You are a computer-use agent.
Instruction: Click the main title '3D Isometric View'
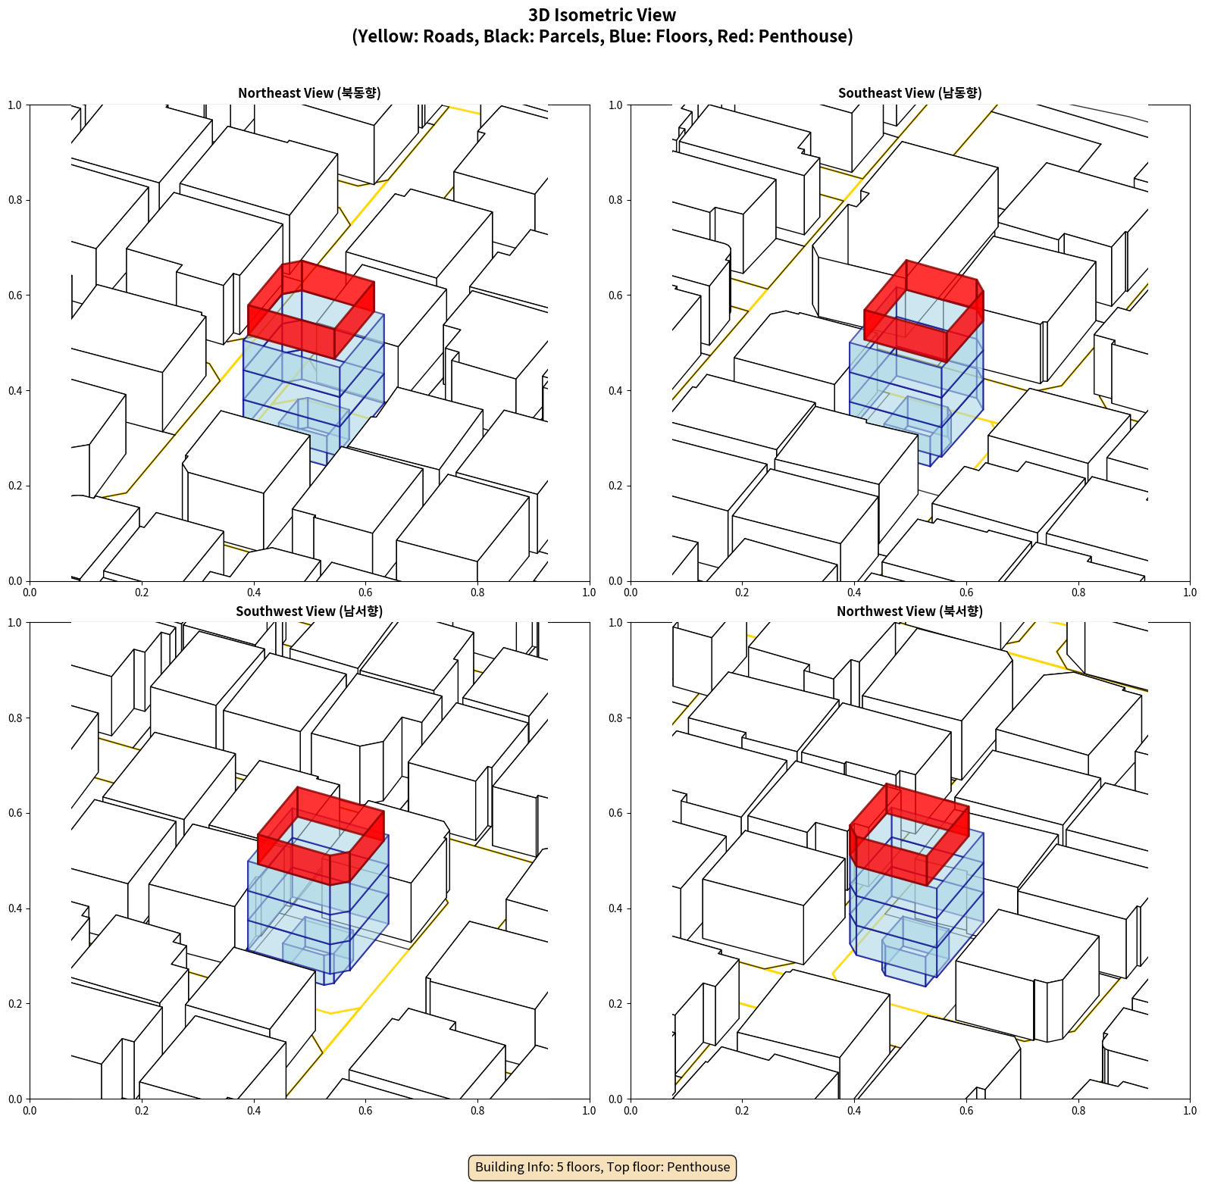[602, 15]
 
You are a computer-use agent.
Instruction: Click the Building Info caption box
[602, 1167]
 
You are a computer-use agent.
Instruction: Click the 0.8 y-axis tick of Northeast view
[15, 200]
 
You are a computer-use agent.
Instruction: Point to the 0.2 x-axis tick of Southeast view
[742, 593]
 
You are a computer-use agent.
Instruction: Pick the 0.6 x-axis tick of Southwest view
[365, 1111]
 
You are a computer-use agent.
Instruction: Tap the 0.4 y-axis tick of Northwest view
[615, 908]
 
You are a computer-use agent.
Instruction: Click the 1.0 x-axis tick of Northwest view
[1190, 1111]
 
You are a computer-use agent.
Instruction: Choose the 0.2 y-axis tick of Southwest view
[15, 1004]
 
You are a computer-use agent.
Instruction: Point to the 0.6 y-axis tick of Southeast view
[615, 295]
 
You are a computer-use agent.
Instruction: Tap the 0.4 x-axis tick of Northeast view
[253, 593]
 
